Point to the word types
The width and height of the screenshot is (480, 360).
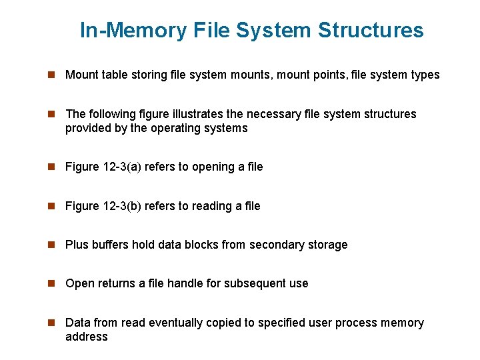[425, 75]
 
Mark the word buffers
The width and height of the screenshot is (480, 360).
[109, 245]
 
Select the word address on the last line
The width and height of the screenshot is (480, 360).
[86, 337]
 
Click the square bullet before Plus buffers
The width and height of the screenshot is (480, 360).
[49, 245]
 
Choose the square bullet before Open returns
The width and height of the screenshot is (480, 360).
[49, 283]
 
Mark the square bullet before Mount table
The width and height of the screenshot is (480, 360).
[49, 75]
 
